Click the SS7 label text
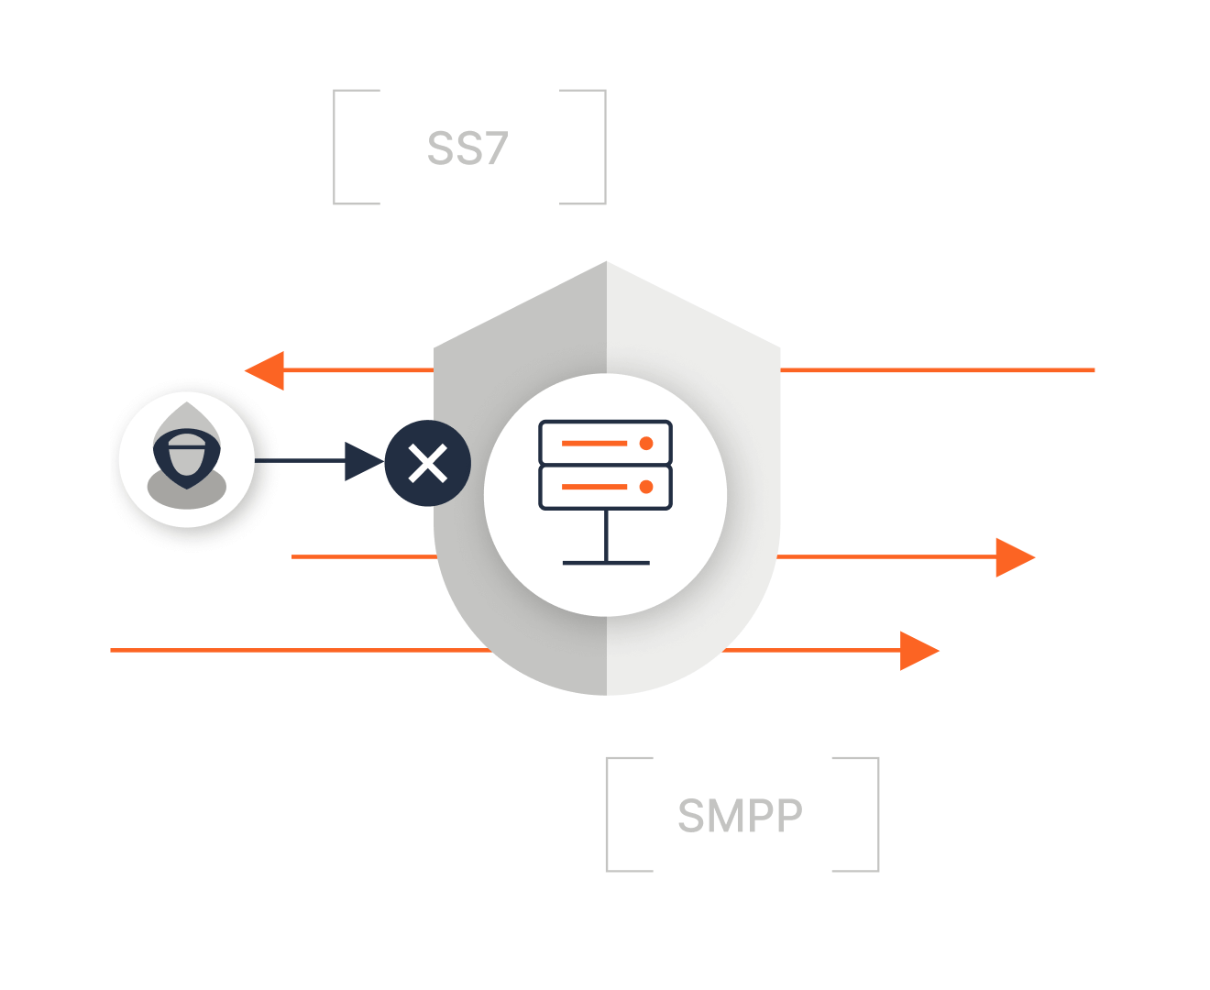click(467, 148)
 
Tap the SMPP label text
click(740, 815)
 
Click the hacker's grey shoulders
click(187, 493)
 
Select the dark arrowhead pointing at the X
click(362, 461)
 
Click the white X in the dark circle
click(427, 463)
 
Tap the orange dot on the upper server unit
click(646, 444)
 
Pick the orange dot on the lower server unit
click(646, 487)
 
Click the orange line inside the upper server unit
click(594, 444)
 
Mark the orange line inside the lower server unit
click(594, 487)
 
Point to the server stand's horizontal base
click(606, 562)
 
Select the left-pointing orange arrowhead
click(267, 370)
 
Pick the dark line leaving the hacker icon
click(298, 460)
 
